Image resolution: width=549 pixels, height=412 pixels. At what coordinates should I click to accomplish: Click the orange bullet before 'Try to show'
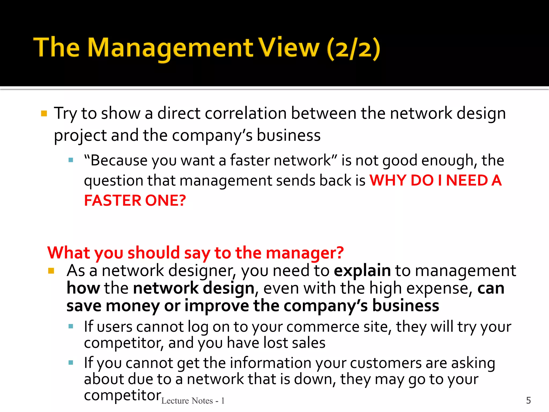(x=44, y=113)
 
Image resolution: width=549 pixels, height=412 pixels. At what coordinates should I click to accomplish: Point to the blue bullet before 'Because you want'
(x=71, y=160)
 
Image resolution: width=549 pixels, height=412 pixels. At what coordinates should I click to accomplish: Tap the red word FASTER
(x=113, y=200)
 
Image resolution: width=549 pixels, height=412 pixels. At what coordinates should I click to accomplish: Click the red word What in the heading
(x=69, y=253)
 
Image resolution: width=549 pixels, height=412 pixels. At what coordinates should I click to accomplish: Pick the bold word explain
(x=362, y=270)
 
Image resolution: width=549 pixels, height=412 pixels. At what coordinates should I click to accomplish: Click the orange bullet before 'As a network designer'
(x=51, y=271)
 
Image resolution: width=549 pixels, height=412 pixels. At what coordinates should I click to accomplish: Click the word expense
(x=440, y=289)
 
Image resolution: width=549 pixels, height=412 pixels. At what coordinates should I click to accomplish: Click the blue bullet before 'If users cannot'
(x=71, y=326)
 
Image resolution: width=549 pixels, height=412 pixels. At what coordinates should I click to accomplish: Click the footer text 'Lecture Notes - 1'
(x=193, y=401)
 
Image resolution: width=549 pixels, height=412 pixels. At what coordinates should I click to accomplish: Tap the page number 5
(x=528, y=400)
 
